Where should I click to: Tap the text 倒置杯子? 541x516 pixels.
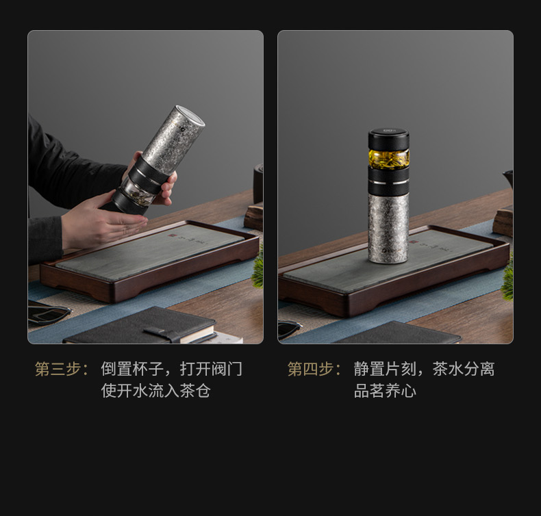coord(132,369)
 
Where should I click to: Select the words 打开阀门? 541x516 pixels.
coord(211,369)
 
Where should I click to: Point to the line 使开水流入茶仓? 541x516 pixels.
coord(156,391)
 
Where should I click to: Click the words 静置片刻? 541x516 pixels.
coord(385,369)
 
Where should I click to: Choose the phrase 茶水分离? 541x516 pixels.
coord(464,369)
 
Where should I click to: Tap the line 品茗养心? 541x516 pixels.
coord(385,391)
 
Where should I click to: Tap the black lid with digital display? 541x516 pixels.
coord(389,139)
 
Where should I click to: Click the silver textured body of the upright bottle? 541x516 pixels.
coord(388,228)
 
